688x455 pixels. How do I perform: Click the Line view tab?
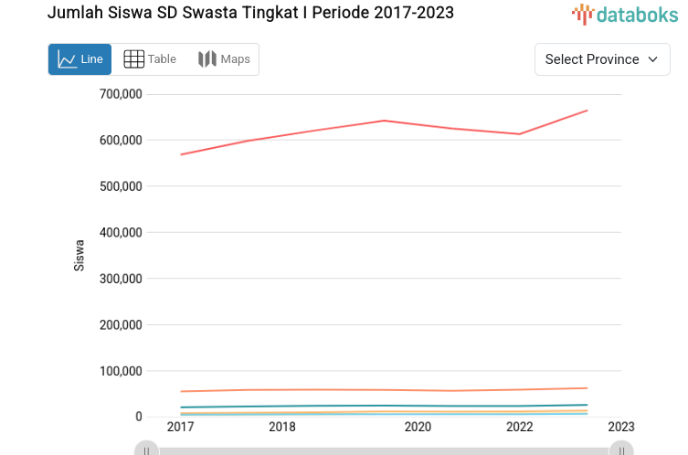point(79,59)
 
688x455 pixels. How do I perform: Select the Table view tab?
point(150,59)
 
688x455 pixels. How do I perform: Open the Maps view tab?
point(224,59)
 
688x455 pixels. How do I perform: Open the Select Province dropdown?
point(601,59)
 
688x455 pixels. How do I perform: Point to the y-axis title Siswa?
point(79,255)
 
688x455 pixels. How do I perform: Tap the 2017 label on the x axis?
point(180,427)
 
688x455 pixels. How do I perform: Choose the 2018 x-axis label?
point(281,427)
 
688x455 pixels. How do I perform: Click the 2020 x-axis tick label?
point(418,427)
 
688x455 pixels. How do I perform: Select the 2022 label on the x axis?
point(519,427)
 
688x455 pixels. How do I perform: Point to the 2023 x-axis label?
point(620,427)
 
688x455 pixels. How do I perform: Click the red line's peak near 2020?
point(384,121)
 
